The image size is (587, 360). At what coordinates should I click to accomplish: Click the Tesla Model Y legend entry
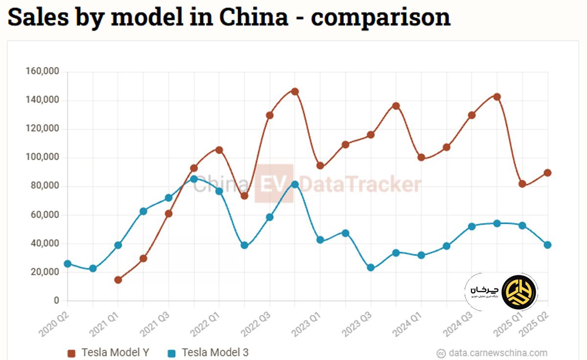[109, 353]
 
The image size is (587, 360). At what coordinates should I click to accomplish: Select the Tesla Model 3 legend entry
[208, 353]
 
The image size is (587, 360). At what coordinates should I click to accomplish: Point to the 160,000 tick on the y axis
[42, 71]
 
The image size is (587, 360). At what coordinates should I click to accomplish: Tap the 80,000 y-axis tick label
[44, 186]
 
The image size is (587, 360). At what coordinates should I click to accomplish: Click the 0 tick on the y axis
[56, 301]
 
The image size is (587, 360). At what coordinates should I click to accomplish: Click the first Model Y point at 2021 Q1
[118, 280]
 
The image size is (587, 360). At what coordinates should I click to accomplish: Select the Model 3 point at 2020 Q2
[68, 264]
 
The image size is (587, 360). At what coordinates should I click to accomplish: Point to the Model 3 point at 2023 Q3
[371, 268]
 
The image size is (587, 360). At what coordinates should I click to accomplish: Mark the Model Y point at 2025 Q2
[547, 173]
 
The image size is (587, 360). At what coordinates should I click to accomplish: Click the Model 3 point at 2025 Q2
[547, 245]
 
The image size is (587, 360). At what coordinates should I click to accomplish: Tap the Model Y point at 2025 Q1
[522, 184]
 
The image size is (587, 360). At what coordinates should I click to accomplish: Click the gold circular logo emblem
[519, 292]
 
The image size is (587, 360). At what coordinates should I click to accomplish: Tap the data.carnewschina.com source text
[498, 353]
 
